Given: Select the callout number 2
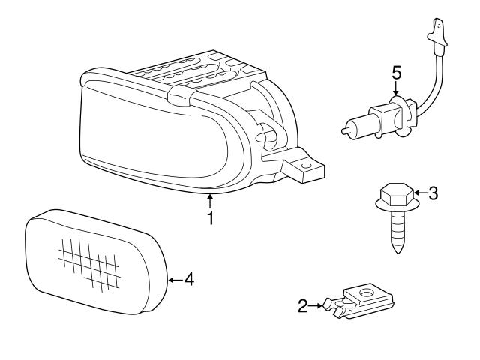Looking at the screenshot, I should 303,305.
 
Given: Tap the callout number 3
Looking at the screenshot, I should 433,193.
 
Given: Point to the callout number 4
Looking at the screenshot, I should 189,280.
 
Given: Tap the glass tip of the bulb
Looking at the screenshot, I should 346,129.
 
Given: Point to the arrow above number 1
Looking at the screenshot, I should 211,199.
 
